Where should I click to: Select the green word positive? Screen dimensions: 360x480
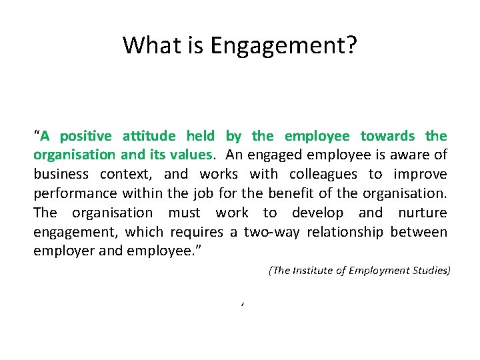[x=86, y=137]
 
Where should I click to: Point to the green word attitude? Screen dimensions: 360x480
[x=149, y=137]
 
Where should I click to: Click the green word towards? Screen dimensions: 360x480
[x=387, y=137]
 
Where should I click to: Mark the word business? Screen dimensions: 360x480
[x=61, y=175]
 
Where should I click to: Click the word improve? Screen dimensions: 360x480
[x=420, y=175]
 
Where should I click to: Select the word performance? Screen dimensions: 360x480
[x=75, y=194]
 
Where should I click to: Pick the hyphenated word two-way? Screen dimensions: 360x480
[x=267, y=233]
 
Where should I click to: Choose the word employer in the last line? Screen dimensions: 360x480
[x=63, y=252]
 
